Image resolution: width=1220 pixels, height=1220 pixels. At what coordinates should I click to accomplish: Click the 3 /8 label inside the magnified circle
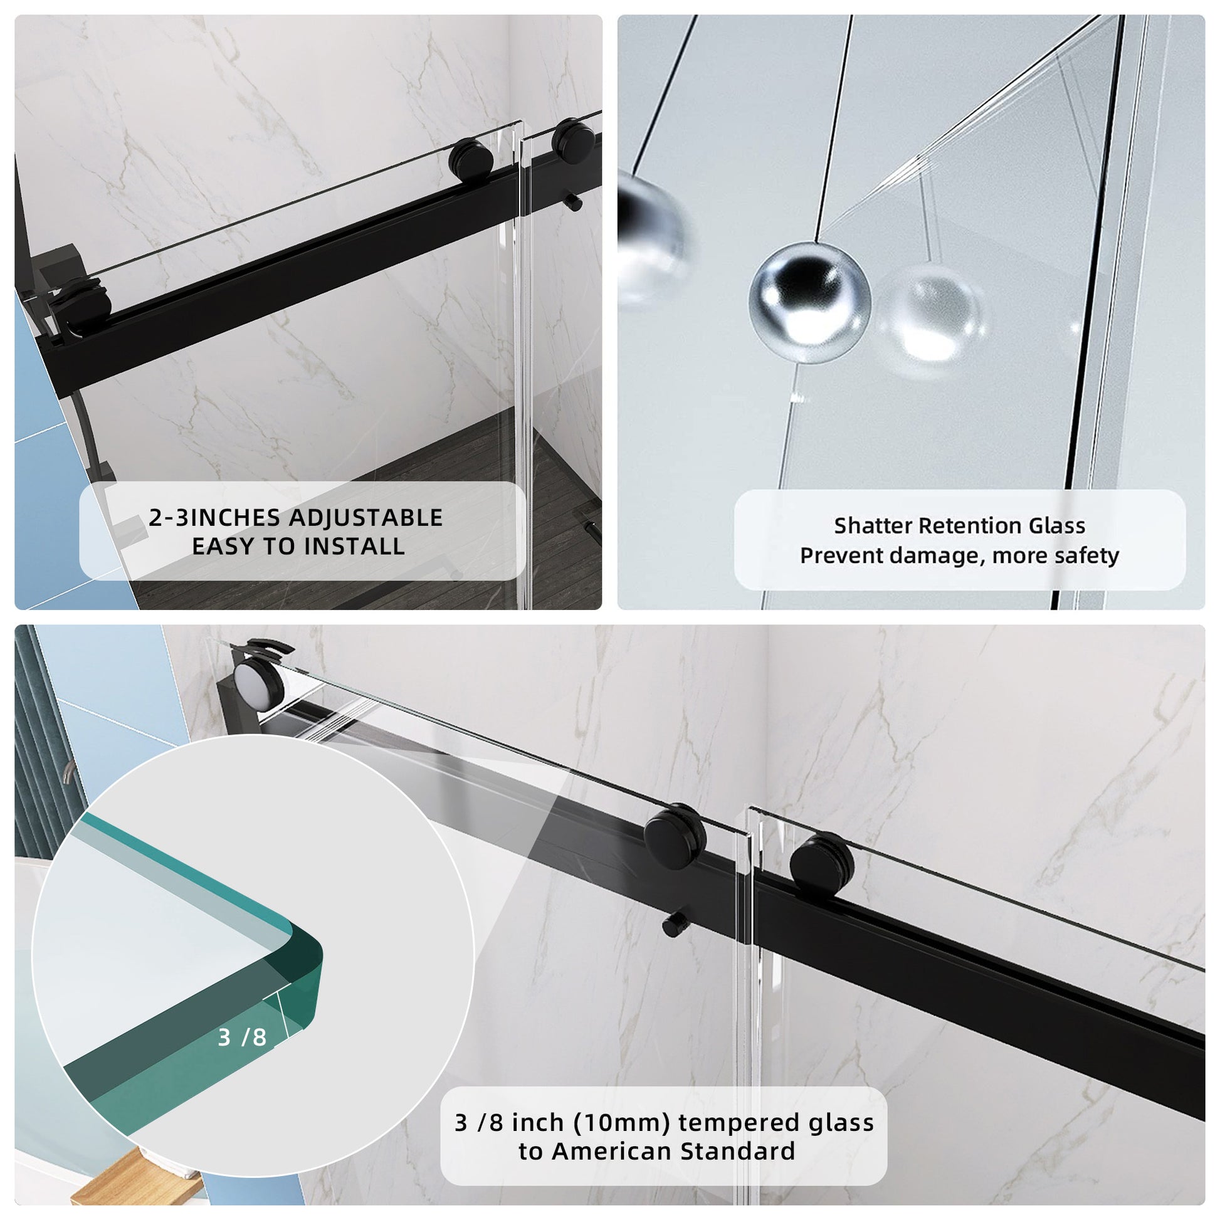(242, 1037)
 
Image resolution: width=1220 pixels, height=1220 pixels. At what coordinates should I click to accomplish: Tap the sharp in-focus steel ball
(810, 302)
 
